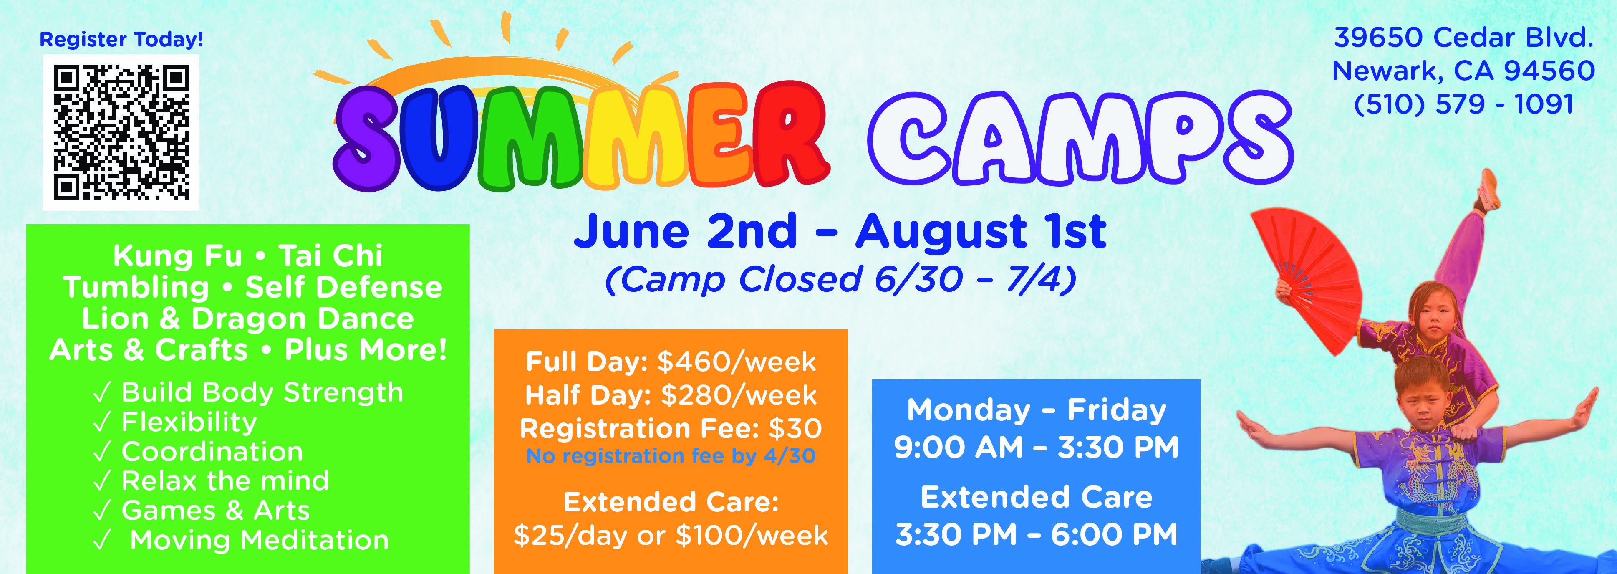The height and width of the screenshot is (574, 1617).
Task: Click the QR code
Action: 121,132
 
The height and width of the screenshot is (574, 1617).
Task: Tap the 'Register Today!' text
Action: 121,40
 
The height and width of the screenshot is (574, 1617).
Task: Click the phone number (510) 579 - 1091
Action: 1463,104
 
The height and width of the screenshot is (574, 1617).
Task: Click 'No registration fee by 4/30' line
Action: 671,456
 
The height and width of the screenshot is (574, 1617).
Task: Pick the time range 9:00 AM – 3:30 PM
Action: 1037,447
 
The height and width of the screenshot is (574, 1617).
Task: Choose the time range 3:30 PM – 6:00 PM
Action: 1037,534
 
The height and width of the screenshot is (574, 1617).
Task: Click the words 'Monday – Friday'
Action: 1037,410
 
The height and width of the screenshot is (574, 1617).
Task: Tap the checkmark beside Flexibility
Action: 102,422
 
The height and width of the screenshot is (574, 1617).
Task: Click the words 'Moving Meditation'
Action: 259,540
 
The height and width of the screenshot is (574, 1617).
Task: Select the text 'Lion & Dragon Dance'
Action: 248,319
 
